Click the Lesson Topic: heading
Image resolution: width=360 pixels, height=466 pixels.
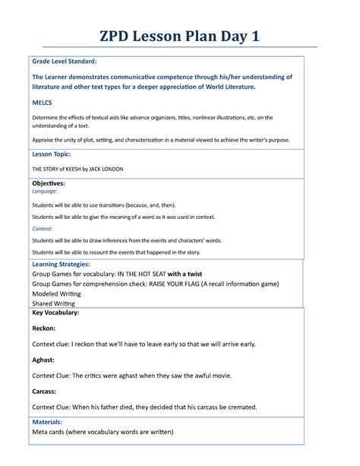(52, 154)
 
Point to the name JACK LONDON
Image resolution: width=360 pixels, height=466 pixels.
(102, 168)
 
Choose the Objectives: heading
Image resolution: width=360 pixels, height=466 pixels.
(48, 184)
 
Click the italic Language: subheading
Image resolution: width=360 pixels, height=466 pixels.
(44, 192)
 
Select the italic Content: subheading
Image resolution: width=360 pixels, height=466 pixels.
(42, 227)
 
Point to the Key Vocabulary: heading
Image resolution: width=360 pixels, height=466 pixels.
(55, 312)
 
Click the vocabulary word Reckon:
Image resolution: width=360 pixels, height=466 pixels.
(43, 329)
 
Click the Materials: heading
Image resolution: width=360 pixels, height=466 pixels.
(47, 422)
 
